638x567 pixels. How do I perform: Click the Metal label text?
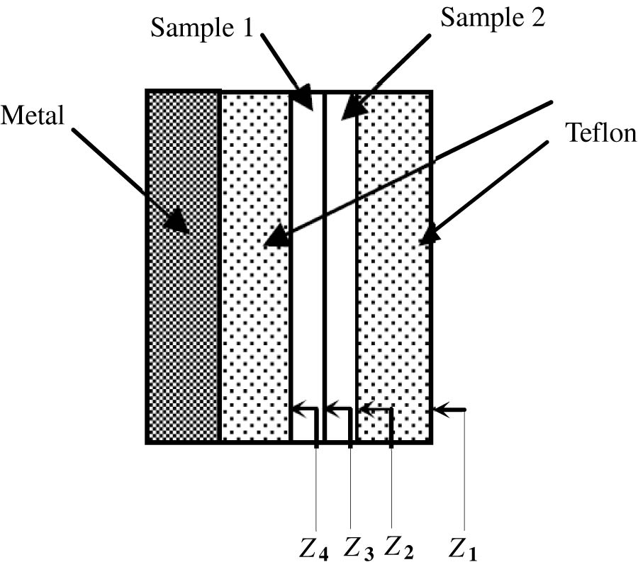click(x=32, y=116)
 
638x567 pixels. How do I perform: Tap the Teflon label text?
click(x=600, y=133)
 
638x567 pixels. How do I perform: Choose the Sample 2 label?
click(x=492, y=18)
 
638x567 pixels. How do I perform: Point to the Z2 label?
click(x=400, y=548)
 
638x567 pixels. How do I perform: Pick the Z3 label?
click(x=360, y=548)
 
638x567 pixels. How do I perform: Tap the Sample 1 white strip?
click(x=308, y=283)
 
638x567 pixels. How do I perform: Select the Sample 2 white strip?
click(x=340, y=283)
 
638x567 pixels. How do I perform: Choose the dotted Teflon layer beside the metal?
click(x=255, y=319)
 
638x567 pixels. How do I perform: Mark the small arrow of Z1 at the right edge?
click(x=441, y=410)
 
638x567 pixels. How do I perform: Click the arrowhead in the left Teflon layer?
click(x=277, y=237)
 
